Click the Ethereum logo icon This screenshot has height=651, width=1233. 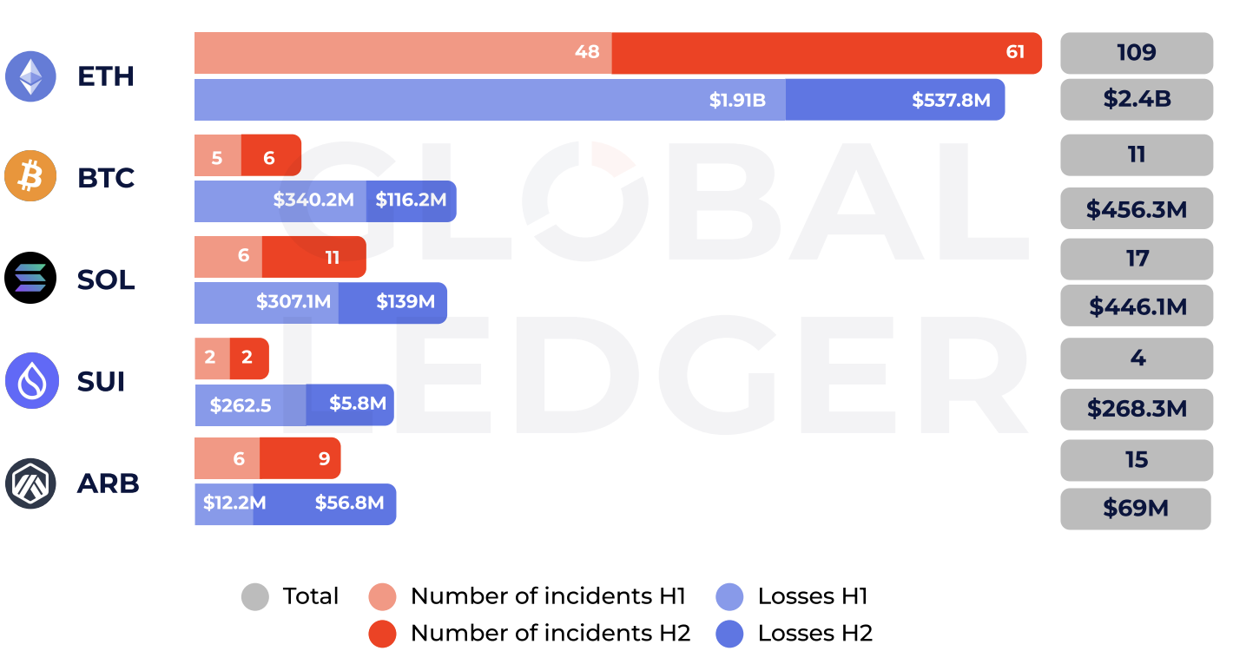(31, 76)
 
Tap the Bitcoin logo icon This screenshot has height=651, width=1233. (31, 177)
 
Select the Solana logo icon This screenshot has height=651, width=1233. (31, 279)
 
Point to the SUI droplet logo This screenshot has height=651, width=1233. (31, 381)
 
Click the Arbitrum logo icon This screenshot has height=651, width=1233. (31, 483)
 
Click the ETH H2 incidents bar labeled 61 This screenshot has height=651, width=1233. (825, 53)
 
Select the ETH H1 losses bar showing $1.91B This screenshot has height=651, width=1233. (490, 100)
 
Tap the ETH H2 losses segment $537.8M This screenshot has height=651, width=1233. (894, 100)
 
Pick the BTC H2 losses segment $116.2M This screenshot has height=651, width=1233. (411, 201)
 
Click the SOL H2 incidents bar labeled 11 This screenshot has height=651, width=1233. (313, 257)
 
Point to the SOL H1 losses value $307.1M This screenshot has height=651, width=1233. (267, 303)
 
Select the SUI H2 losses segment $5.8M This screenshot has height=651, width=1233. (350, 404)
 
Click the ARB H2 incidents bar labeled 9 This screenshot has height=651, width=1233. (300, 458)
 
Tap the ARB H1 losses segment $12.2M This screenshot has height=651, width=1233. (224, 504)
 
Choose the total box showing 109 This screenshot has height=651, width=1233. (1136, 53)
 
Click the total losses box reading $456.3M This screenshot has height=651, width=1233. (1136, 209)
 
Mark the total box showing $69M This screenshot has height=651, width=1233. (1135, 509)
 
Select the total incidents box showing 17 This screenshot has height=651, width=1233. (1136, 259)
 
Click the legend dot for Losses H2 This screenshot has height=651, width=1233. (729, 634)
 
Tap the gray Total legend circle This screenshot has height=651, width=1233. (255, 597)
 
